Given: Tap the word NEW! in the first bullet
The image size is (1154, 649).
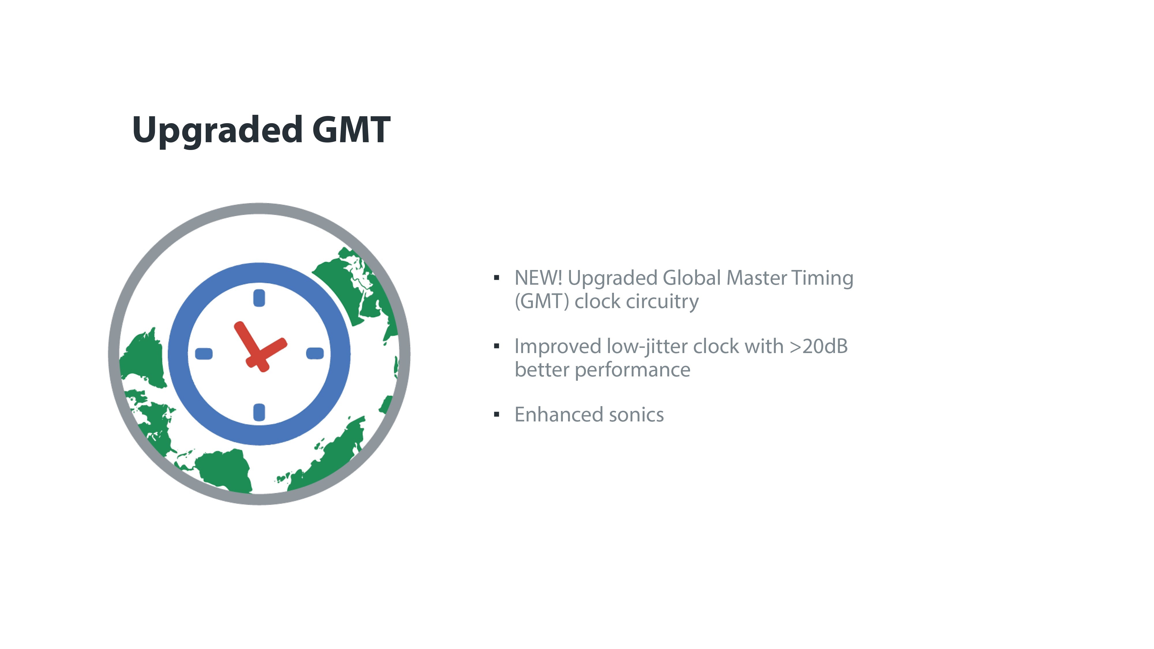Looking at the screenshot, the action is pyautogui.click(x=538, y=278).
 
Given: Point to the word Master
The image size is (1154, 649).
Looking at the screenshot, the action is pyautogui.click(x=757, y=278).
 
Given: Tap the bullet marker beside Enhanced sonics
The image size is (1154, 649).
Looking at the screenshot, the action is pyautogui.click(x=496, y=414).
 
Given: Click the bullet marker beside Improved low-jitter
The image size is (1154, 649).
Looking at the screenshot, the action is pyautogui.click(x=496, y=346).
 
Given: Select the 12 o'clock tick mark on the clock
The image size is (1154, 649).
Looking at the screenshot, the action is pyautogui.click(x=259, y=298).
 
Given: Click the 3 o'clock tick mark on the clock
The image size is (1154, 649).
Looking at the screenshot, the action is pyautogui.click(x=315, y=353).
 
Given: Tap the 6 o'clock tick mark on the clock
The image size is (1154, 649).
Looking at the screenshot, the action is pyautogui.click(x=259, y=412).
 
